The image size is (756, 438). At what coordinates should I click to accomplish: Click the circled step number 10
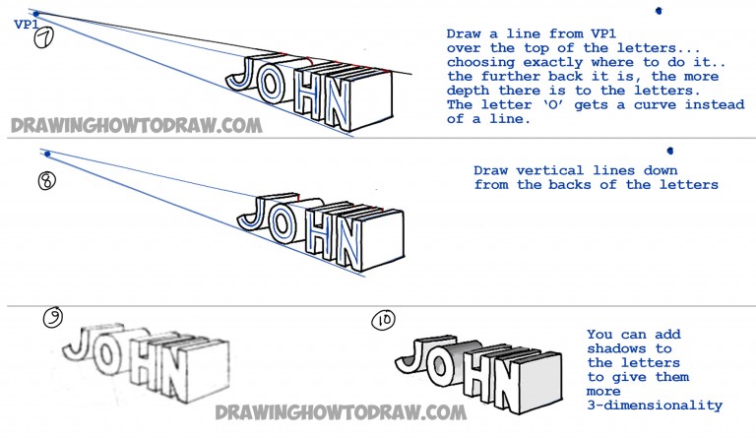pos(383,322)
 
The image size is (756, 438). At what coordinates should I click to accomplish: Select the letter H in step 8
pos(307,232)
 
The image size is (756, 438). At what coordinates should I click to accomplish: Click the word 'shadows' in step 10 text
pos(616,349)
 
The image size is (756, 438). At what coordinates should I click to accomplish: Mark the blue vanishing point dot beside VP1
pos(35,14)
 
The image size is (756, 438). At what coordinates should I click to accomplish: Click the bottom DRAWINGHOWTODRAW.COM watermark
pos(340,411)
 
